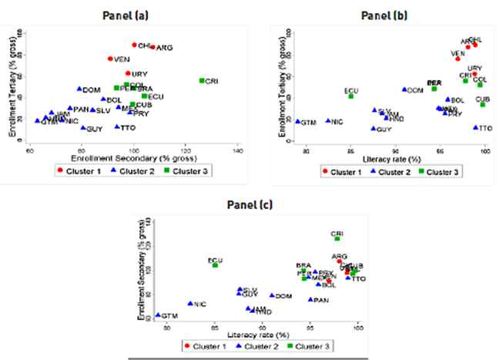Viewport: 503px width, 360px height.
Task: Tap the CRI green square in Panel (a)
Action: coord(203,80)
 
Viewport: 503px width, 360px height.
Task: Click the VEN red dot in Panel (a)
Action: coord(110,59)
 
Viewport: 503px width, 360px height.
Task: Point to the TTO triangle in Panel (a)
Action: coord(117,126)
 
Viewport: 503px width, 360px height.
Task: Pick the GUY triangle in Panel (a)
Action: coord(83,127)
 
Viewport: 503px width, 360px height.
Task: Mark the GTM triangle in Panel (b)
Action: coord(297,122)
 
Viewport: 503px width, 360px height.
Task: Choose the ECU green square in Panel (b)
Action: coord(351,96)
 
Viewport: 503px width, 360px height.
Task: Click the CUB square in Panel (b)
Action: coord(483,104)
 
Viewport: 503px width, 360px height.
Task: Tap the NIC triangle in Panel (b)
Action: coord(327,121)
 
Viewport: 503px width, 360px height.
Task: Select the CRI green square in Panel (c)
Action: coord(337,238)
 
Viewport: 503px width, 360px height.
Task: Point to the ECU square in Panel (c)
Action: coord(216,265)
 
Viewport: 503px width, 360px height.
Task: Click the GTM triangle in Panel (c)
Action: coord(158,315)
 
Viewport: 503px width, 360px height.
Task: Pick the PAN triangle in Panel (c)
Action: coord(310,300)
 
